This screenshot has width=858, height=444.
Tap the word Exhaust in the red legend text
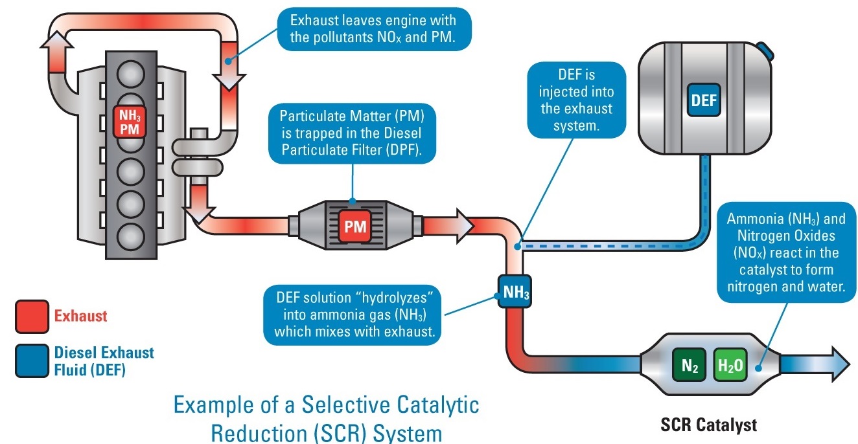pyautogui.click(x=81, y=316)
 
